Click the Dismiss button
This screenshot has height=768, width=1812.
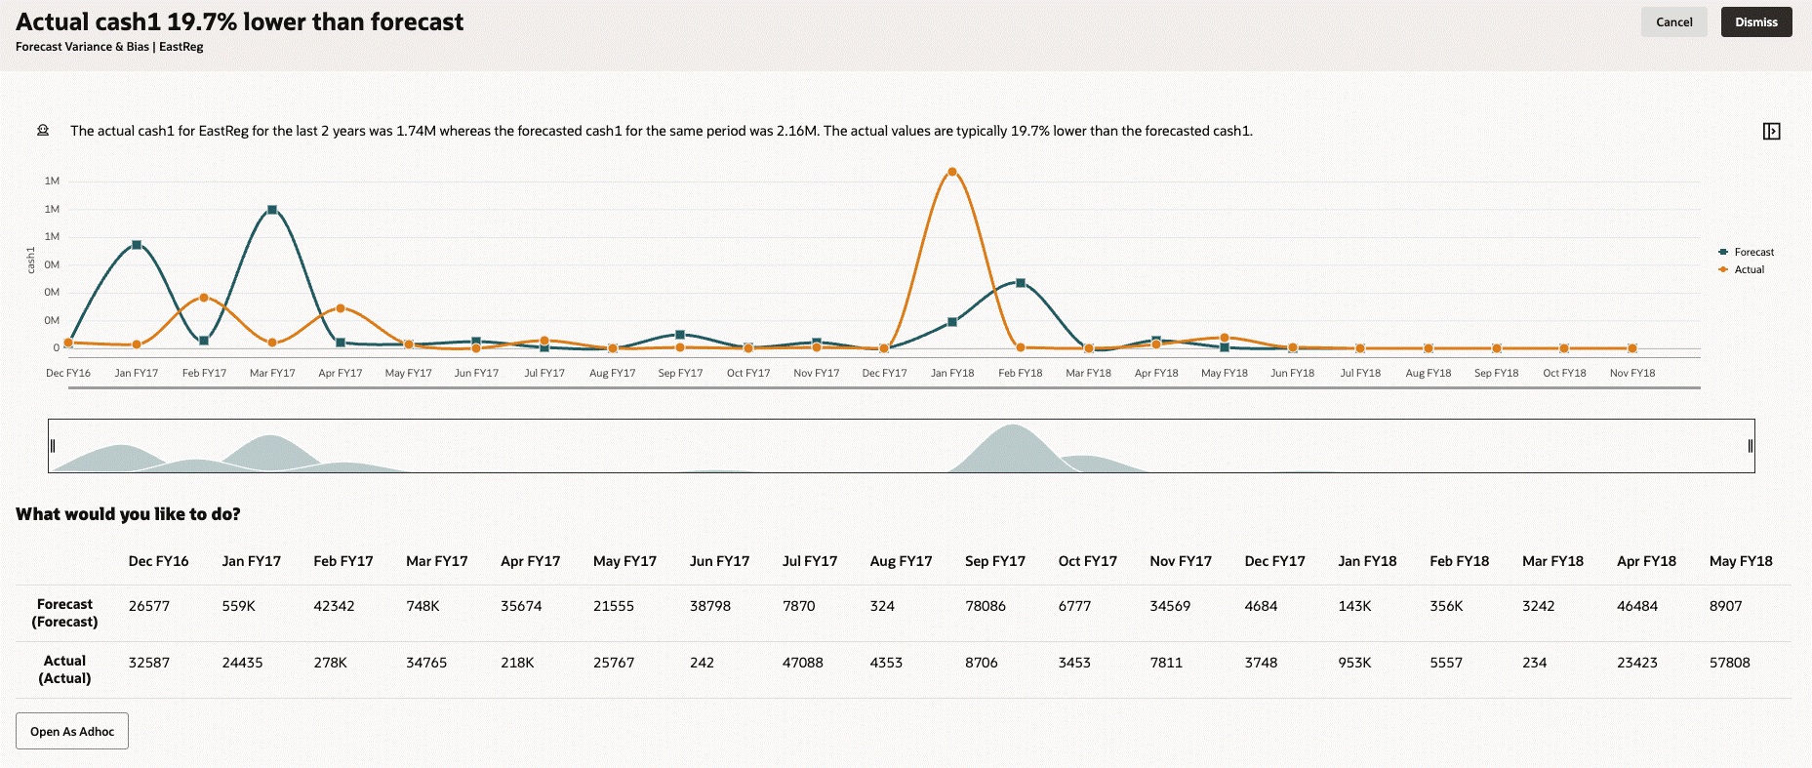click(1755, 22)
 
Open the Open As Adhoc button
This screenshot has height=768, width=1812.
click(72, 731)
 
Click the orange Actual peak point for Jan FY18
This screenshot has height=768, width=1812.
click(952, 172)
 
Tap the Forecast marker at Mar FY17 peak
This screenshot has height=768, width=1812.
click(272, 210)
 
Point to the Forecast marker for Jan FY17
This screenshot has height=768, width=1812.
click(137, 245)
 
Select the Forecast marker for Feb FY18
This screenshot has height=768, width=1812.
click(1021, 283)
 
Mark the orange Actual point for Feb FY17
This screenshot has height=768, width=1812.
click(204, 298)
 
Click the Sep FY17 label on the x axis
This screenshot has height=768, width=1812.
click(680, 373)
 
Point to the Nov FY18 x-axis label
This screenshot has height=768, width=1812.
click(1632, 373)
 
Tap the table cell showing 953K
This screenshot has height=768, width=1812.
click(1354, 663)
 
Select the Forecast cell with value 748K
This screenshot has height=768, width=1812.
click(423, 606)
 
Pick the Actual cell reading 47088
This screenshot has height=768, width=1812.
click(802, 663)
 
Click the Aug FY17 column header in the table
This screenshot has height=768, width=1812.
click(901, 561)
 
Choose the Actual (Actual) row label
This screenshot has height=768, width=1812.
click(64, 669)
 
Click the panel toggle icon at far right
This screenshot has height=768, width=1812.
click(1772, 131)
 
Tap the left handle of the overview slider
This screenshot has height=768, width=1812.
click(53, 446)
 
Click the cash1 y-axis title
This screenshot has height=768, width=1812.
click(31, 259)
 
